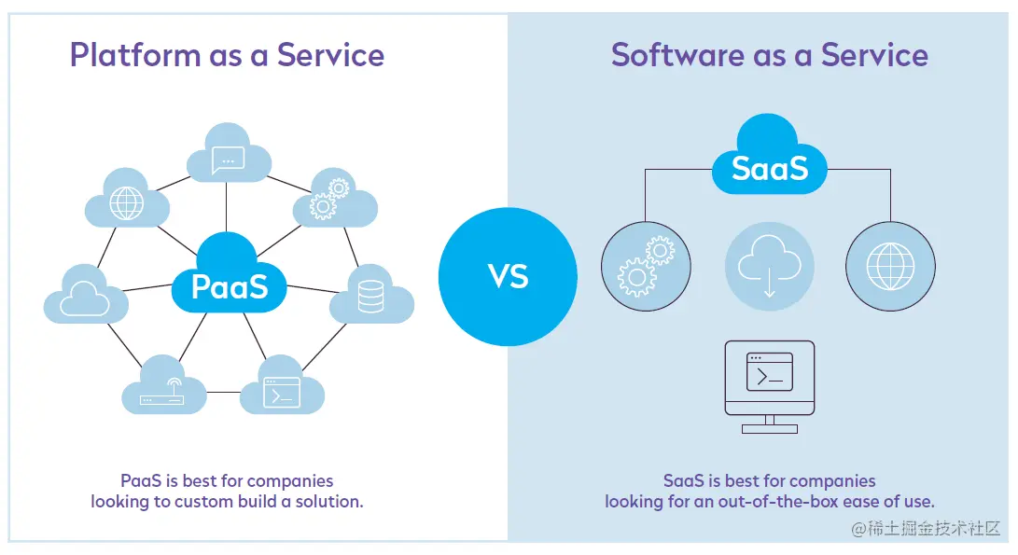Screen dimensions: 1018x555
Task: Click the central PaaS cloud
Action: click(230, 276)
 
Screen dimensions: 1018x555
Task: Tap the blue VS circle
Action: click(508, 276)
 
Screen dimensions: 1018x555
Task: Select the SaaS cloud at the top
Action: click(770, 156)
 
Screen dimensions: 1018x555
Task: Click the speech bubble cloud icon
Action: click(229, 153)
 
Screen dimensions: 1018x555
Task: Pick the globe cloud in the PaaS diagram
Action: click(127, 198)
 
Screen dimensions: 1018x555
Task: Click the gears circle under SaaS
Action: click(646, 266)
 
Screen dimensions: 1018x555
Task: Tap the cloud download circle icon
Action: click(770, 266)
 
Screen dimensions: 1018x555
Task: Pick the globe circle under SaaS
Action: click(891, 266)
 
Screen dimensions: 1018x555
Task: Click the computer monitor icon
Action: click(770, 387)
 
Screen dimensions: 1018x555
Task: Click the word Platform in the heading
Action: click(135, 55)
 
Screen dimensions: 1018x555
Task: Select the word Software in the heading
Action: click(677, 55)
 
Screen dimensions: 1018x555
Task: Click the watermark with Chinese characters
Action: click(926, 528)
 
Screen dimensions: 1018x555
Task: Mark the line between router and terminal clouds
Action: click(224, 392)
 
